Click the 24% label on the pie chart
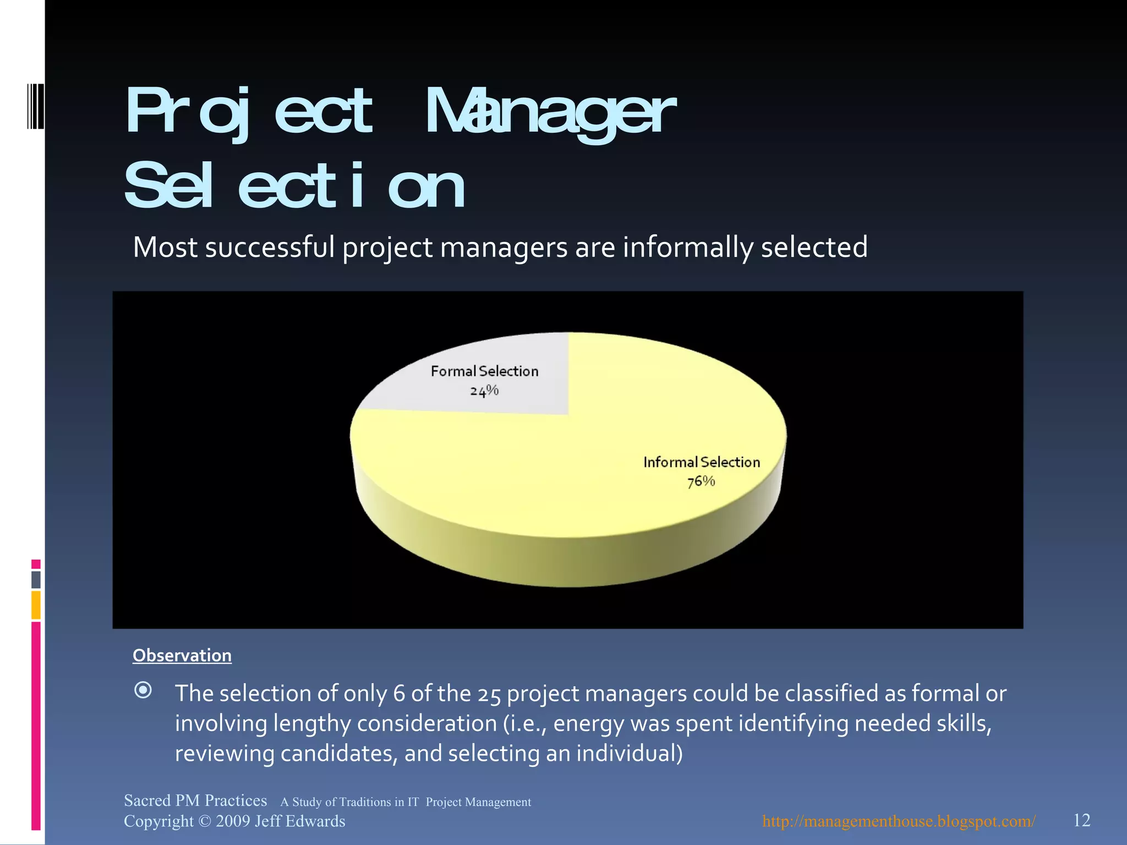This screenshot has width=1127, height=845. (x=484, y=391)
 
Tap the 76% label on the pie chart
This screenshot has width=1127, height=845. (x=701, y=482)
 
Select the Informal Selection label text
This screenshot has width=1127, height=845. (x=702, y=462)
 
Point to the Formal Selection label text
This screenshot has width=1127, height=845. (x=484, y=371)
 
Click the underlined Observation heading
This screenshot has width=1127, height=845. (x=182, y=655)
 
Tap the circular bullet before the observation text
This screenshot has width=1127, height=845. (x=143, y=690)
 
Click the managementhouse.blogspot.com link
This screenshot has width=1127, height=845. (x=899, y=821)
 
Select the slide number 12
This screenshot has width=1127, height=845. (x=1081, y=820)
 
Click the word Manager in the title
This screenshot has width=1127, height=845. (x=550, y=113)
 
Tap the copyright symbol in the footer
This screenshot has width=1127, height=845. (x=204, y=821)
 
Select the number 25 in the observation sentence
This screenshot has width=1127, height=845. (x=489, y=695)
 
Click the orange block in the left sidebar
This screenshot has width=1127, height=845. (x=36, y=605)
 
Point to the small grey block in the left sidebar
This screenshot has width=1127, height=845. (x=36, y=579)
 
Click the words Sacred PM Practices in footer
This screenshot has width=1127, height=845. (x=195, y=800)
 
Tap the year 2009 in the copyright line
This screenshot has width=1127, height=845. (x=233, y=821)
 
